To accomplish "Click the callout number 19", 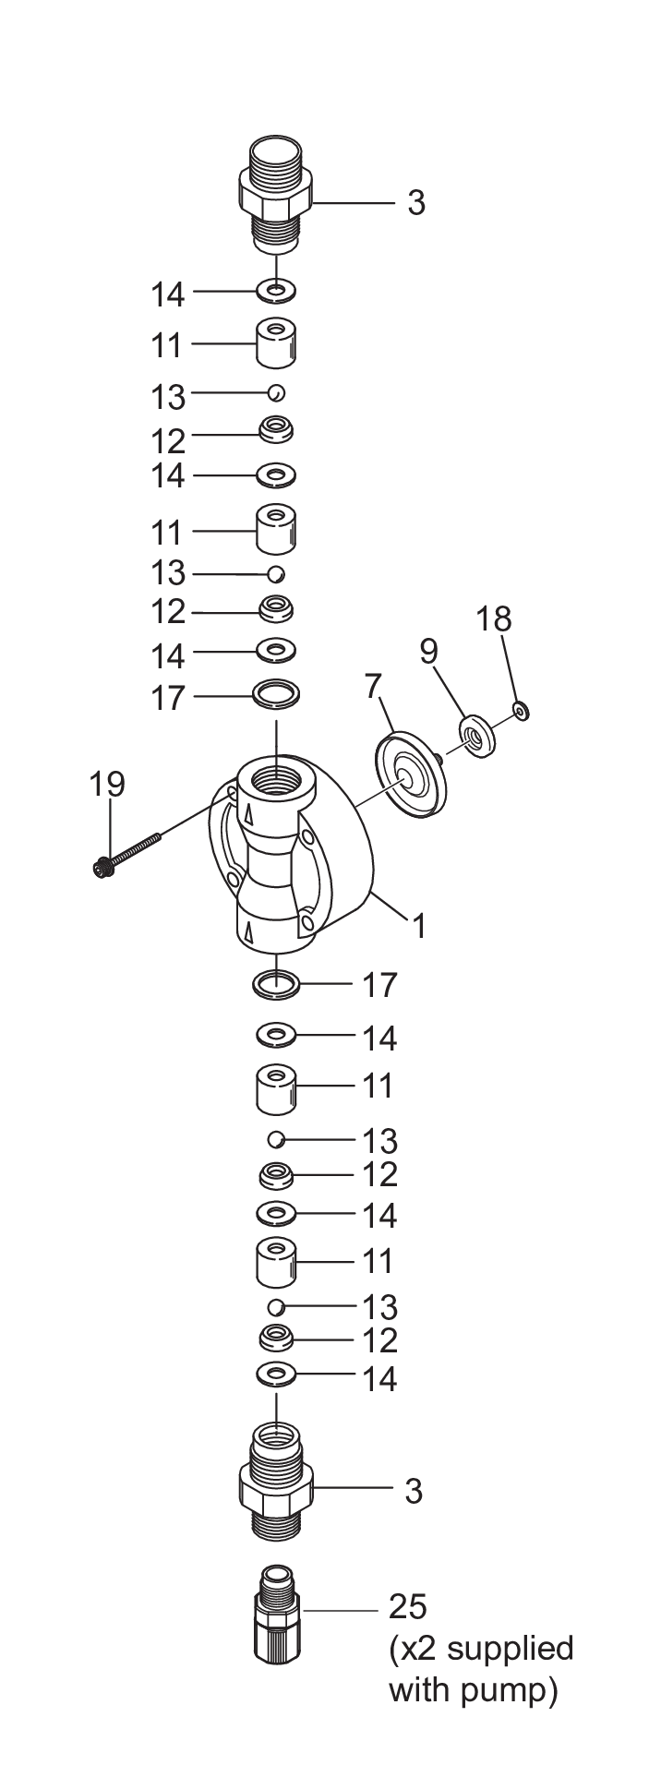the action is pos(106,784).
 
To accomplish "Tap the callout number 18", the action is pos(494,618).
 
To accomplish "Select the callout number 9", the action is pos(428,652).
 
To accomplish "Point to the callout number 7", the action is pos(373,686).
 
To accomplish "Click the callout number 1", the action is pos(420,925).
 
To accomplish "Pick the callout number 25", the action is pos(407,1606).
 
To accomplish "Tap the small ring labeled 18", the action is pos(522,710).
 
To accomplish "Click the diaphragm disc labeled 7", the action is pos(410,774).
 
